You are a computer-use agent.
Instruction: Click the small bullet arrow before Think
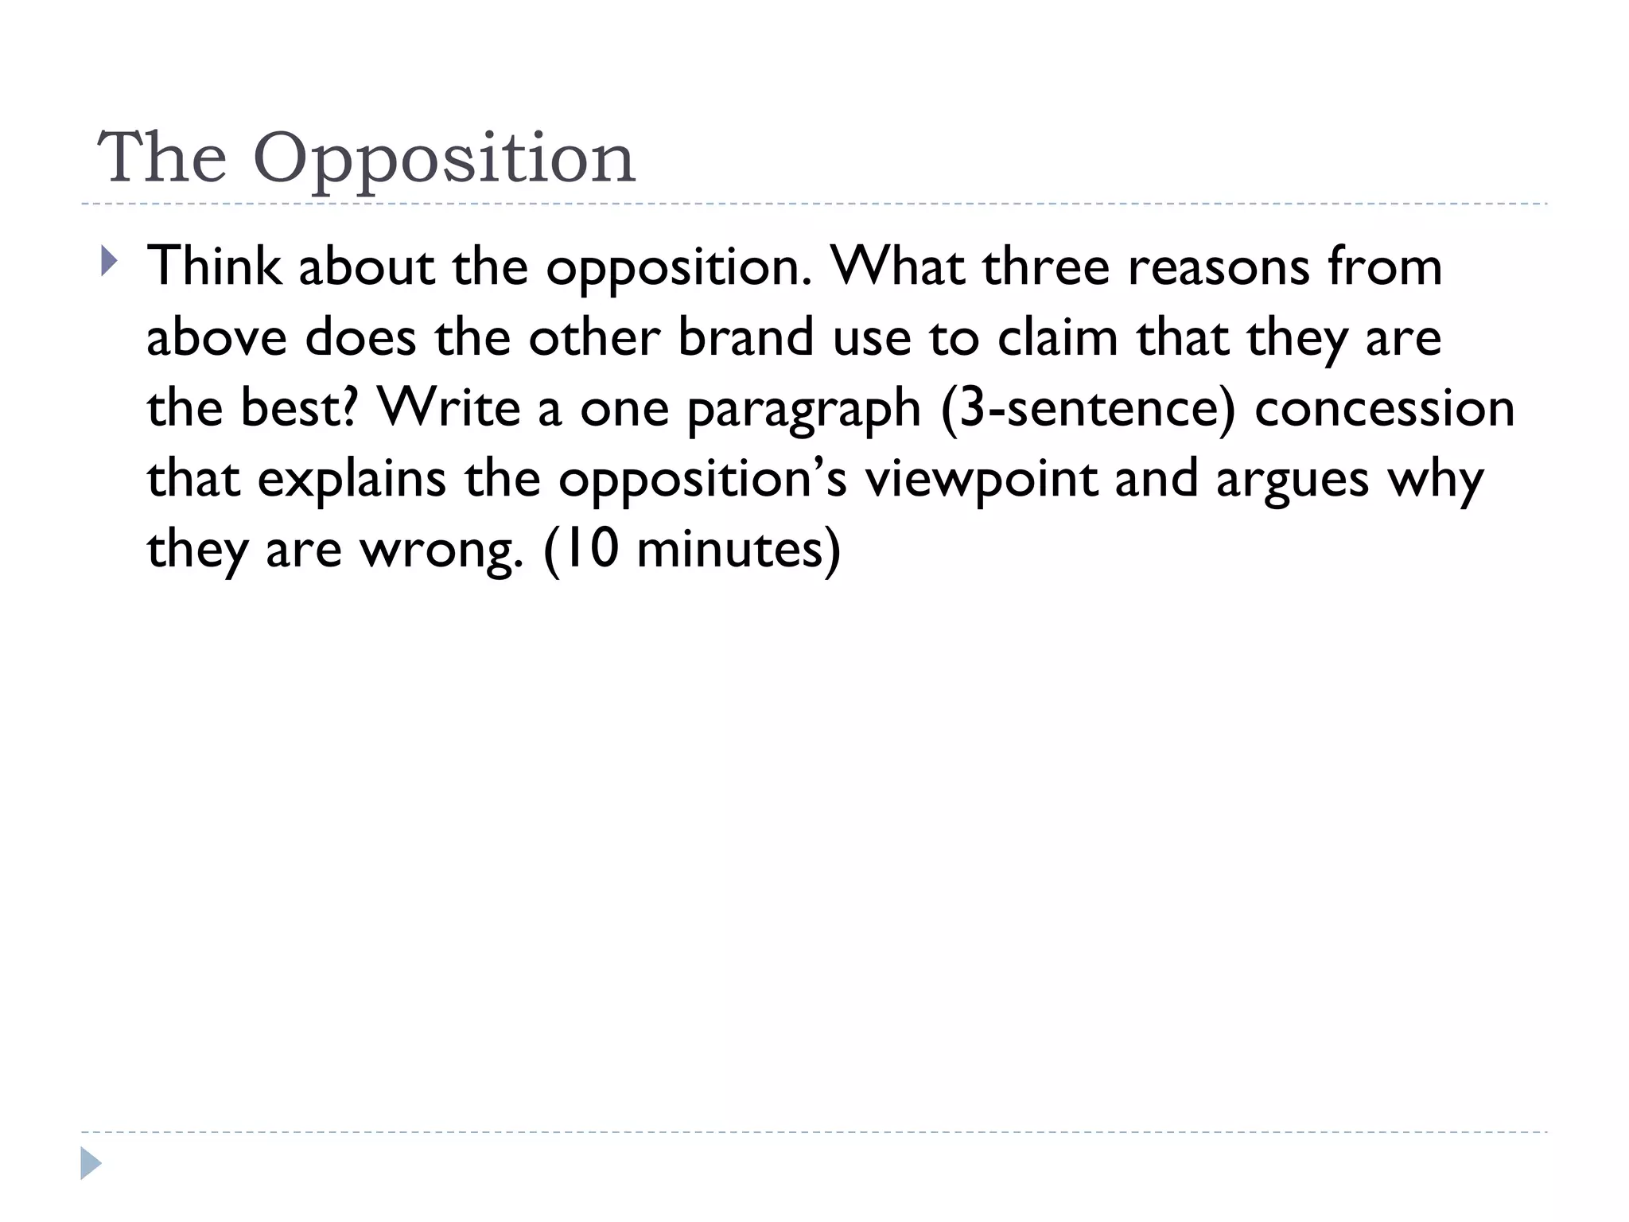(109, 261)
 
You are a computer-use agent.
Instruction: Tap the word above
(216, 337)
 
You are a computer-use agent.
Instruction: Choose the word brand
(746, 337)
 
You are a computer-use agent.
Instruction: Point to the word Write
(449, 407)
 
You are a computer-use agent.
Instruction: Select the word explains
(352, 480)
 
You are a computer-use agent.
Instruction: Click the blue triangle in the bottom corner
(91, 1164)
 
